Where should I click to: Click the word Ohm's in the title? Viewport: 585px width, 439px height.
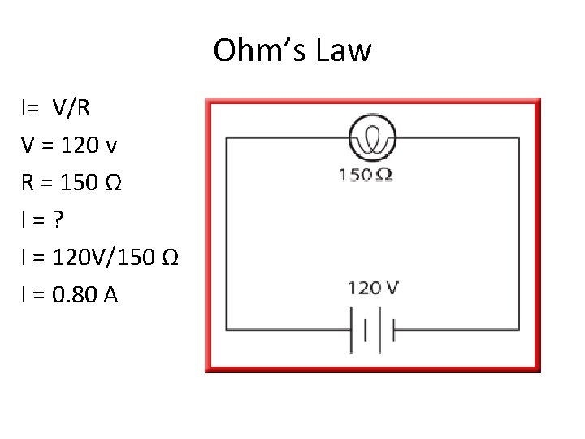pyautogui.click(x=253, y=50)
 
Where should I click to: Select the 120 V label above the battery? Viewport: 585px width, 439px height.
pyautogui.click(x=373, y=287)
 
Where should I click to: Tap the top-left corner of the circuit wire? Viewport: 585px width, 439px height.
pyautogui.click(x=227, y=138)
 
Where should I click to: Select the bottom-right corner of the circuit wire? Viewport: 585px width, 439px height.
pyautogui.click(x=518, y=330)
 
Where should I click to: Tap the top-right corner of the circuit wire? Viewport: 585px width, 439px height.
pyautogui.click(x=518, y=138)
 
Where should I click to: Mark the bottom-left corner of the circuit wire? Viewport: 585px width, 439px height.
pyautogui.click(x=227, y=330)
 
